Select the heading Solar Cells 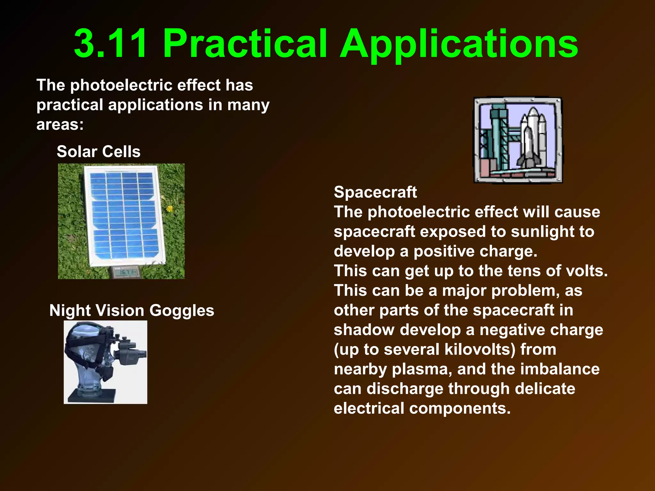click(x=99, y=152)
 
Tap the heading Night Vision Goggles click(x=132, y=310)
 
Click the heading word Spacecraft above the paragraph click(x=375, y=192)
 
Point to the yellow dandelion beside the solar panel click(x=170, y=209)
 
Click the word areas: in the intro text click(x=60, y=124)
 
